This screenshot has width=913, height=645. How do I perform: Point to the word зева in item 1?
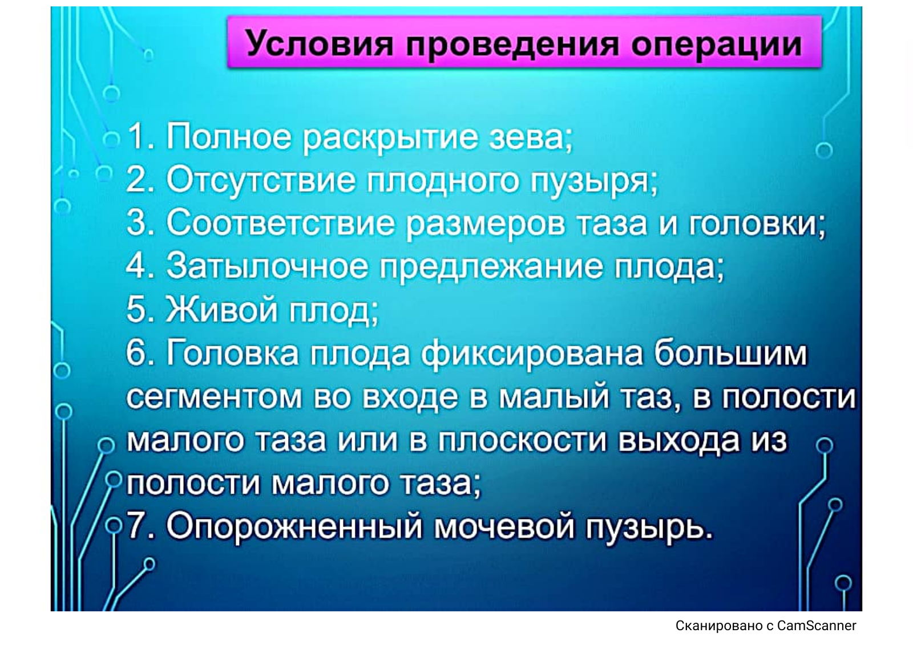tap(530, 137)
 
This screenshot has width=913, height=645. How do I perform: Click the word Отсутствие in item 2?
tap(261, 181)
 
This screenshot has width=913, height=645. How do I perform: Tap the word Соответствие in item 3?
tap(281, 224)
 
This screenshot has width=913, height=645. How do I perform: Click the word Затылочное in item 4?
tap(266, 267)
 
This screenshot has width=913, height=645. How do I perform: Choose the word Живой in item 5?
tap(222, 310)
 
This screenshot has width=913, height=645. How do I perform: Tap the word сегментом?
tap(214, 397)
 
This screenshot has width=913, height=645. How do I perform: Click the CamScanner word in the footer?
tap(817, 626)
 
